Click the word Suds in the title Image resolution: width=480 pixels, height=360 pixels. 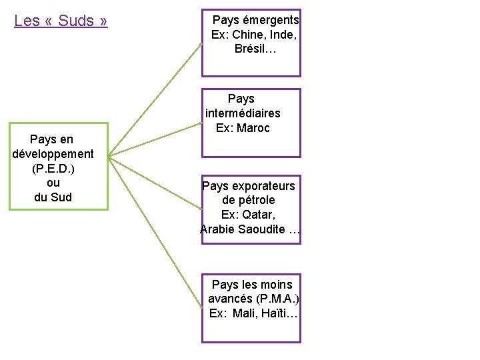[x=76, y=21]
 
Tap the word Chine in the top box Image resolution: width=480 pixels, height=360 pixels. [x=247, y=35]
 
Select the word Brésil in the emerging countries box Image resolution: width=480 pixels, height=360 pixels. [x=250, y=49]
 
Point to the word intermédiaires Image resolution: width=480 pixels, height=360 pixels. [x=243, y=113]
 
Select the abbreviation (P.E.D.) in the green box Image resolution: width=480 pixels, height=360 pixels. [x=53, y=168]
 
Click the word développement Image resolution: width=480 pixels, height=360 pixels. [x=53, y=154]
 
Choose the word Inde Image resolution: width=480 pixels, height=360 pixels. [x=281, y=35]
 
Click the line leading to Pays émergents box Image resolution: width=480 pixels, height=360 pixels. [x=155, y=100]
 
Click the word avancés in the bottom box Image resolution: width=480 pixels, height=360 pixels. [x=230, y=299]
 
